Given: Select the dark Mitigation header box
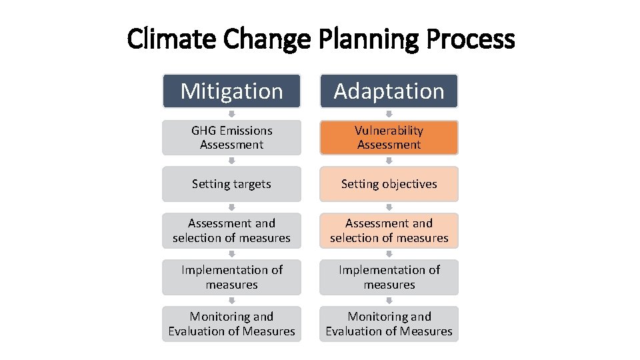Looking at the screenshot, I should (x=231, y=91).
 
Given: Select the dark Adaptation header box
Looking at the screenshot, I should (x=389, y=91).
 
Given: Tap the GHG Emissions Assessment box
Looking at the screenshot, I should (x=231, y=137).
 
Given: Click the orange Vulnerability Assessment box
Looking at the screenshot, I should (x=389, y=137).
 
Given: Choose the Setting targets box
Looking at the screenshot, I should (x=231, y=184).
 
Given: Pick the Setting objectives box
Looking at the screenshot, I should (x=389, y=184).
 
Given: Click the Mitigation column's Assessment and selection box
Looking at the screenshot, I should (x=231, y=231).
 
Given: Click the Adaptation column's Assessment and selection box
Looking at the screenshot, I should (x=389, y=231).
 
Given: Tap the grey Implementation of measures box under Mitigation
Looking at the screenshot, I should (x=231, y=277).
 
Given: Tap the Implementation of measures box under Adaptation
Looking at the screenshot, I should (x=389, y=277).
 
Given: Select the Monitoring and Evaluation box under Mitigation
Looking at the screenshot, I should (x=231, y=324).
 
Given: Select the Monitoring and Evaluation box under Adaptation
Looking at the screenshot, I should (x=389, y=324).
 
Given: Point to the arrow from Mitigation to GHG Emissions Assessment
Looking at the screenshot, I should (x=231, y=114).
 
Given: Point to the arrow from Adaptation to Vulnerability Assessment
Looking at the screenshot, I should (x=389, y=114).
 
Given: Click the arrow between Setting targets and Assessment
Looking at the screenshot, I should (x=231, y=207).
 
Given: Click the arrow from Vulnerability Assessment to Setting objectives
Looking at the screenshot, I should (x=389, y=161).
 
